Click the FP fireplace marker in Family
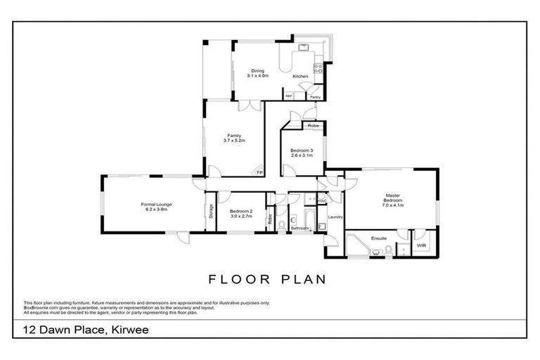point(259,172)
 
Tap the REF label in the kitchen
point(288,96)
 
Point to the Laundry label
point(335,217)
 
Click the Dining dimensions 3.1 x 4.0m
point(258,76)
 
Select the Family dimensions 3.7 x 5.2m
point(234,141)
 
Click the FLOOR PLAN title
point(267,279)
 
